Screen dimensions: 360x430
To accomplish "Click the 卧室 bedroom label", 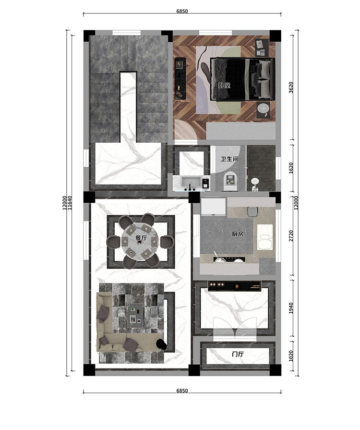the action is point(224,86).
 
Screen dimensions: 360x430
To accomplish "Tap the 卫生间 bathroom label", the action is point(229,159).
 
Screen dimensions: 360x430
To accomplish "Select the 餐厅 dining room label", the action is point(142,238).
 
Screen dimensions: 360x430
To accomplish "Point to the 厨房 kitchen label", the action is point(237,234).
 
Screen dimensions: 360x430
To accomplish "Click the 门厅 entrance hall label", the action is point(237,354).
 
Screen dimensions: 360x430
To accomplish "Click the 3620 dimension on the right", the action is point(291,87).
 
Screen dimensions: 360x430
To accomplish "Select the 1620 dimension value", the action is point(291,168).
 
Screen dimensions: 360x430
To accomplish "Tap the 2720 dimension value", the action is point(291,236).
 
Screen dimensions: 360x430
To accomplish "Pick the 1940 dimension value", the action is point(291,308).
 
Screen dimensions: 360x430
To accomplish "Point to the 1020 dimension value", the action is point(291,356).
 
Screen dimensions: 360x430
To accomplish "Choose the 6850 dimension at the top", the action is point(182,11).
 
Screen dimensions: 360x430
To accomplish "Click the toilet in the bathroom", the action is point(229,180).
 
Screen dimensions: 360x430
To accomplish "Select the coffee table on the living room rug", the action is point(134,315).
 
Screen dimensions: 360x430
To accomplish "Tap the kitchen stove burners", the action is point(229,259).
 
